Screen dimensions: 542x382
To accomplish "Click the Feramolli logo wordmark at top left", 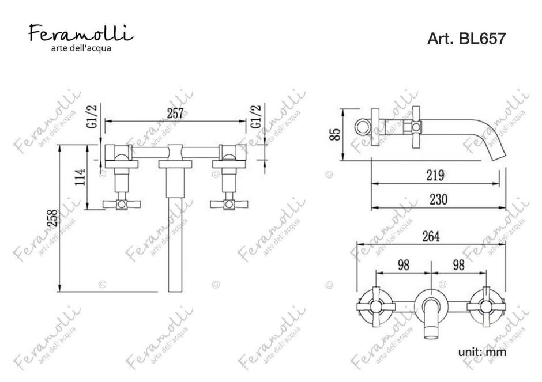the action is tap(81, 33).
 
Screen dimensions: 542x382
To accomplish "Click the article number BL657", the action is tap(481, 39).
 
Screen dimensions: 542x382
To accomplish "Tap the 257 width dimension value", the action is tap(175, 114).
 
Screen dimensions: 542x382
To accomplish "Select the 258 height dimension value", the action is tap(53, 218).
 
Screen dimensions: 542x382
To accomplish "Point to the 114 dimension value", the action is tap(80, 177).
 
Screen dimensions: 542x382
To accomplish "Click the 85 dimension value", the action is tap(335, 134).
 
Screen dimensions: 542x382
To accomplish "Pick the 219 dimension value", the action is tap(435, 176).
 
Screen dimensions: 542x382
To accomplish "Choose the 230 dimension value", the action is tap(438, 199).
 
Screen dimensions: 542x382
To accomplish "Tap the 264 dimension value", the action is tap(431, 236).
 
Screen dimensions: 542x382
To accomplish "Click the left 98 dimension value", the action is tap(404, 265).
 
